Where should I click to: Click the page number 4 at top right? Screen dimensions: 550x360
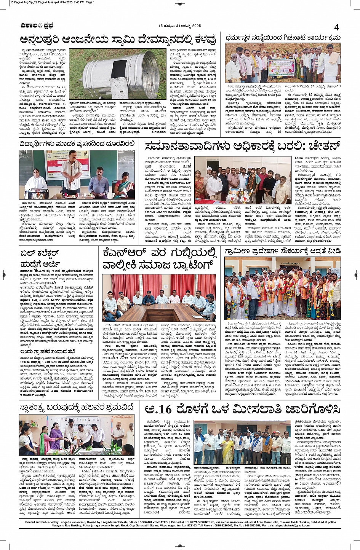pyautogui.click(x=336, y=27)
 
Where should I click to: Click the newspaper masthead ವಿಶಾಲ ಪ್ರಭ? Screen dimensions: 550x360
pyautogui.click(x=37, y=26)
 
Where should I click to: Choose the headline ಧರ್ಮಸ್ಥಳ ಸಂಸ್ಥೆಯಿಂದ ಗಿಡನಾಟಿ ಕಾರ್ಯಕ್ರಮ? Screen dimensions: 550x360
pyautogui.click(x=282, y=38)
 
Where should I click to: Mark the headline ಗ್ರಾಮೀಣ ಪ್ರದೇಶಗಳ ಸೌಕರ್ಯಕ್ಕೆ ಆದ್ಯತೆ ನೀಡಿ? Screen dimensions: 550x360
pyautogui.click(x=282, y=252)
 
